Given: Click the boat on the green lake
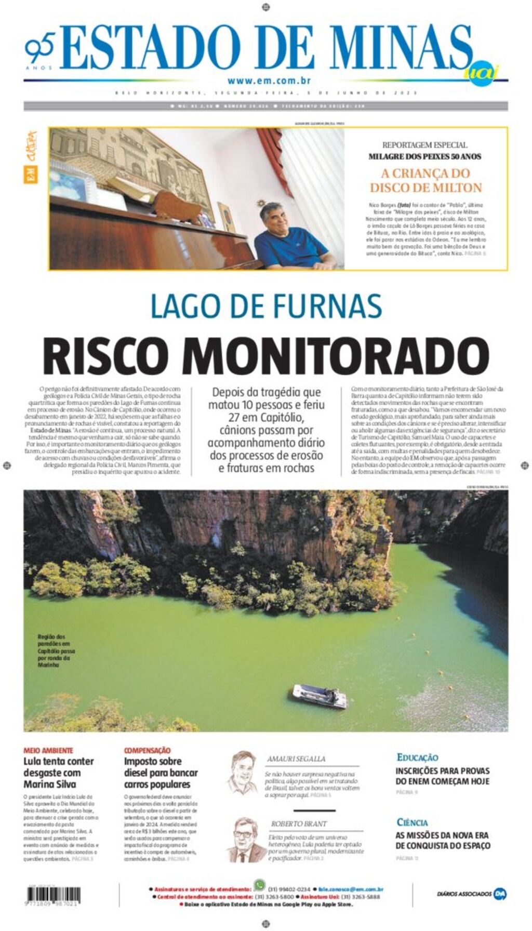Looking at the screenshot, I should pyautogui.click(x=320, y=696).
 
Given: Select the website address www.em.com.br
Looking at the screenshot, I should pyautogui.click(x=269, y=81).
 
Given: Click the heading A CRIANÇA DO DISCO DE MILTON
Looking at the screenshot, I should pyautogui.click(x=425, y=180).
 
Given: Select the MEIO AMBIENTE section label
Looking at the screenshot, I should pyautogui.click(x=48, y=750).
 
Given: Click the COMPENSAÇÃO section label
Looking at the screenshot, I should pyautogui.click(x=147, y=750).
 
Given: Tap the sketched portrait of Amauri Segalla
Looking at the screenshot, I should pyautogui.click(x=243, y=772).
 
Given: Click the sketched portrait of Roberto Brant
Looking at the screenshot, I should pyautogui.click(x=244, y=840).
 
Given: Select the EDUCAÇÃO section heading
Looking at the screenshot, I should pyautogui.click(x=417, y=757).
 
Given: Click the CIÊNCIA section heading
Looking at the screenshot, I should pyautogui.click(x=412, y=822).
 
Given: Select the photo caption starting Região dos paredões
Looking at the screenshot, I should pyautogui.click(x=56, y=650).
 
